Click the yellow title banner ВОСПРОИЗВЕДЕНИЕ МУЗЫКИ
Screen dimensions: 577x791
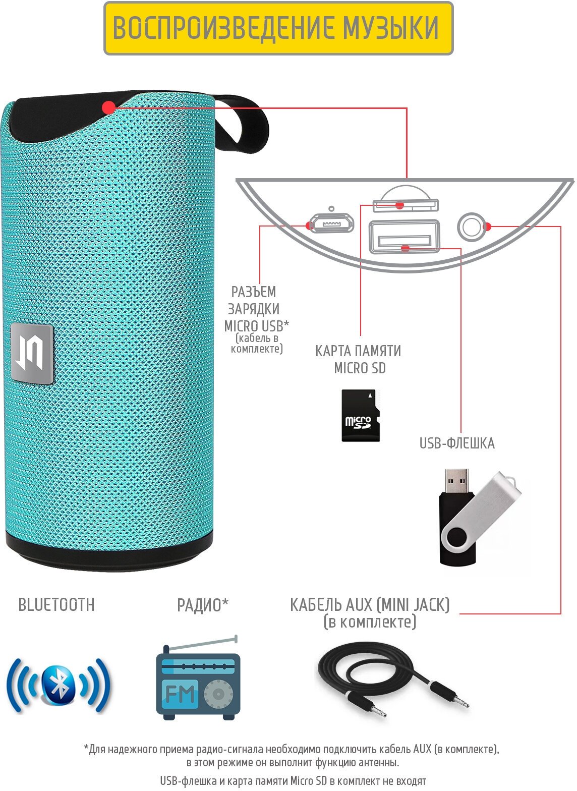point(278,28)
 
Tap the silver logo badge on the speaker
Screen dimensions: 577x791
point(32,354)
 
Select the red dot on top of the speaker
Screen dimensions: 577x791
point(108,107)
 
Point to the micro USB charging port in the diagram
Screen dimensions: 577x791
point(331,223)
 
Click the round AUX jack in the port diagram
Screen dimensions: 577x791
point(471,227)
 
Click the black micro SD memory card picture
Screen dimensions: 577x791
point(360,415)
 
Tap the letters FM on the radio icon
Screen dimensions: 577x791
point(180,695)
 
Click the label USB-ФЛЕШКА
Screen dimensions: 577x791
point(457,443)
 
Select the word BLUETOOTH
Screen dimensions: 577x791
point(56,605)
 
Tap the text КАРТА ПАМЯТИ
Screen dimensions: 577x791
point(358,351)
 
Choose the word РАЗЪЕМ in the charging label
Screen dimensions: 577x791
point(254,292)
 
